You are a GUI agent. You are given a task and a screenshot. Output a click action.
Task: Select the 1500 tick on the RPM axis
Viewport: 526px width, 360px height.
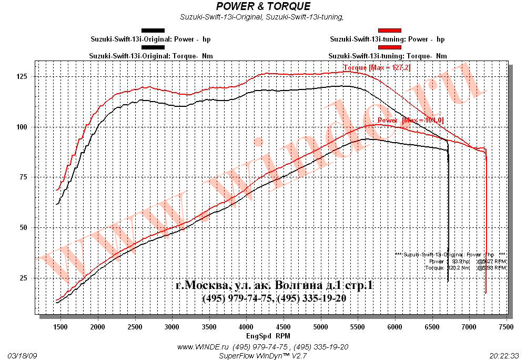point(60,327)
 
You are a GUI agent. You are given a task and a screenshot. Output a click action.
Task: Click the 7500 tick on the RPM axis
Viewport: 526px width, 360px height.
point(506,327)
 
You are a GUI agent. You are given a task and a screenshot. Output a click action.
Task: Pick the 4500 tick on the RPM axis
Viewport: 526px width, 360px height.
point(284,327)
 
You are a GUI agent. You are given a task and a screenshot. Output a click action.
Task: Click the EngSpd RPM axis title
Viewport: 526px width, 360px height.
point(268,335)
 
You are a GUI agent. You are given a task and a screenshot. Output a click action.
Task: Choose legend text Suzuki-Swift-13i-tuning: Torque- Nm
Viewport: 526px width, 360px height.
point(388,55)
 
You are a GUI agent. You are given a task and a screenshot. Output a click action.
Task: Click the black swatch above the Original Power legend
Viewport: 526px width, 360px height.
point(153,31)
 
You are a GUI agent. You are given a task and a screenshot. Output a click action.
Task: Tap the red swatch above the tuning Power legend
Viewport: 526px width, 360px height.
point(390,31)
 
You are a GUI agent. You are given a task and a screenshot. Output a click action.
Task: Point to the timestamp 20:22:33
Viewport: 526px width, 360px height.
point(504,355)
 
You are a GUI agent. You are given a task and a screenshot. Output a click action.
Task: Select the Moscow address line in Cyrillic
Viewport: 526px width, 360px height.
point(275,286)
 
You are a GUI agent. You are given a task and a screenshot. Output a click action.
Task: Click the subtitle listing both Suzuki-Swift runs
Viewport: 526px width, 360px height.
point(261,17)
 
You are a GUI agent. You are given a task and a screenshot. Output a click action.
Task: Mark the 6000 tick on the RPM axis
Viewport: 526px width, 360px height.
point(394,327)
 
